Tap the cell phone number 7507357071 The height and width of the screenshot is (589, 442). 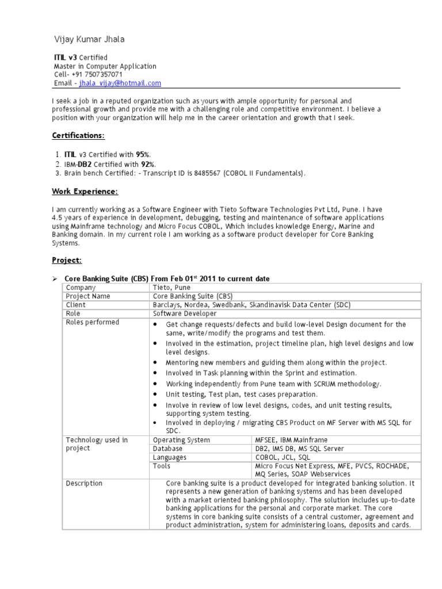coord(101,75)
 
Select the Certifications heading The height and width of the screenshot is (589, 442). coord(78,136)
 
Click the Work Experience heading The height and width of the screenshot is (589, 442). coord(85,191)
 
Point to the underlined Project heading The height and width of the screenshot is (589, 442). coord(67,260)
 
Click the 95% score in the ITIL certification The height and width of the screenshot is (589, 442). coord(143,155)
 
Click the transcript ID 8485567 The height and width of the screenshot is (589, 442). coord(205,173)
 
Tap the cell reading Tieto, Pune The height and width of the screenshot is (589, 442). coord(172,288)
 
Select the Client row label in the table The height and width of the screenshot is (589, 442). coord(76,305)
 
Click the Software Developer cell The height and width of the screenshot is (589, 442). coord(185,313)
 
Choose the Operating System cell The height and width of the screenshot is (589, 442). coord(181,440)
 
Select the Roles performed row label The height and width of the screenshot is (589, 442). coord(93,322)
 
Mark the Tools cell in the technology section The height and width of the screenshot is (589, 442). coord(162,466)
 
